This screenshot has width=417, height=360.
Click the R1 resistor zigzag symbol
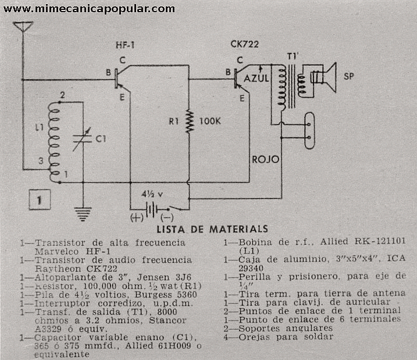pos(190,122)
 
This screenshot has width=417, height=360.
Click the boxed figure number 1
pos(38,201)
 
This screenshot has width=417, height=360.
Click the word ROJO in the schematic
pos(265,159)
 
